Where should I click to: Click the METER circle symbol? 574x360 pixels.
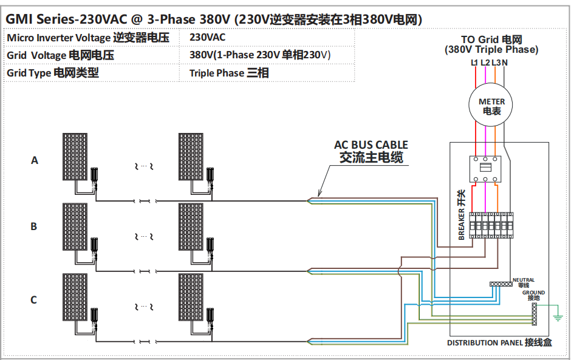(491, 106)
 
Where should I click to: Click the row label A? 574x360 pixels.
(35, 160)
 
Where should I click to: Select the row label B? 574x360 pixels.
(34, 226)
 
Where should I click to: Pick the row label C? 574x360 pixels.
(34, 299)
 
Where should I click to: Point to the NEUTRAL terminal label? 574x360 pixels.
(524, 280)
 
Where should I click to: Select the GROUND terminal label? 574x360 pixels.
(533, 293)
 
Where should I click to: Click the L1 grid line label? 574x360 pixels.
(474, 63)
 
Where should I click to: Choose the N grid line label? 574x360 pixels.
(505, 63)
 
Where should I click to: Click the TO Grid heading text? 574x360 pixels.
(491, 40)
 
